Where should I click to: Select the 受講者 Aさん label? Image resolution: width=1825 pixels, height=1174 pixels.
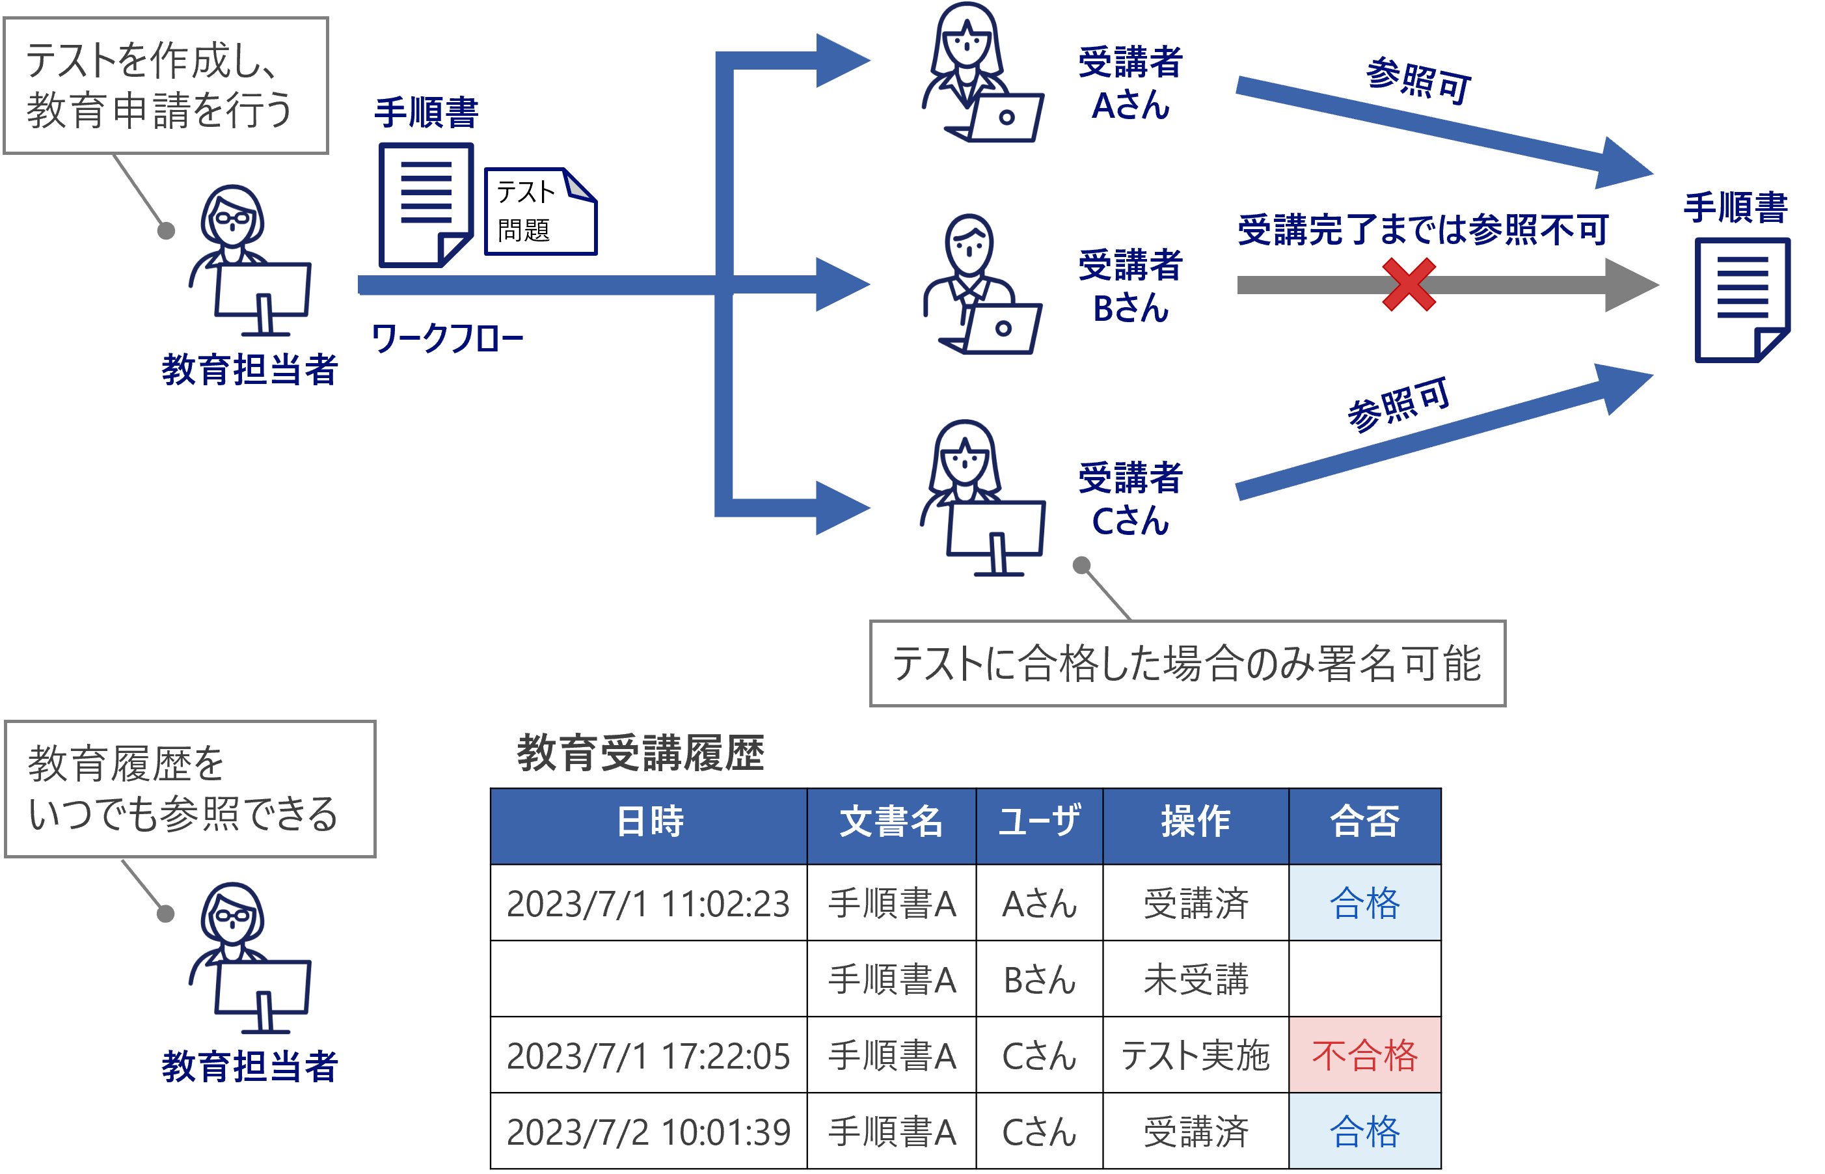click(x=1130, y=84)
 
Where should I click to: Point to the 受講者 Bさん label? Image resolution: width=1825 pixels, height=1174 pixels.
click(x=1130, y=286)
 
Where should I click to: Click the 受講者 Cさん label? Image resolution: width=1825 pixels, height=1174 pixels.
click(x=1130, y=499)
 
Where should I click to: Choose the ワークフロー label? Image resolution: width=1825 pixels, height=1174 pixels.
click(x=447, y=338)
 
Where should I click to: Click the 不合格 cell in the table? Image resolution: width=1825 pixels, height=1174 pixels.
click(x=1364, y=1055)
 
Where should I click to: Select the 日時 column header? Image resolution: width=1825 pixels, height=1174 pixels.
click(x=649, y=822)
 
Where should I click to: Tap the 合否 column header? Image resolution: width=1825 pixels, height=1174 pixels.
click(x=1364, y=822)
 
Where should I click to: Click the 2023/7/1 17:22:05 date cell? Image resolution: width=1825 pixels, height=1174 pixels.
click(x=649, y=1055)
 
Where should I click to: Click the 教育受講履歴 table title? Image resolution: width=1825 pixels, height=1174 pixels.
click(x=640, y=753)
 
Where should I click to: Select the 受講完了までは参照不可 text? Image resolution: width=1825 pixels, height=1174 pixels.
click(x=1423, y=230)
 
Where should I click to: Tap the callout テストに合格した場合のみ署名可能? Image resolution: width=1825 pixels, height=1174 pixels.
click(x=1187, y=663)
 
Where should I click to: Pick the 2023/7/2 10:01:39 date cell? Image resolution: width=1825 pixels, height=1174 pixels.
click(x=649, y=1131)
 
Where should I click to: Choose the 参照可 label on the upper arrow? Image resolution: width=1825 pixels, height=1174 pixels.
click(x=1418, y=81)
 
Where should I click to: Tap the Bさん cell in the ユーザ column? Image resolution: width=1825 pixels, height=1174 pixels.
click(x=1040, y=979)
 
